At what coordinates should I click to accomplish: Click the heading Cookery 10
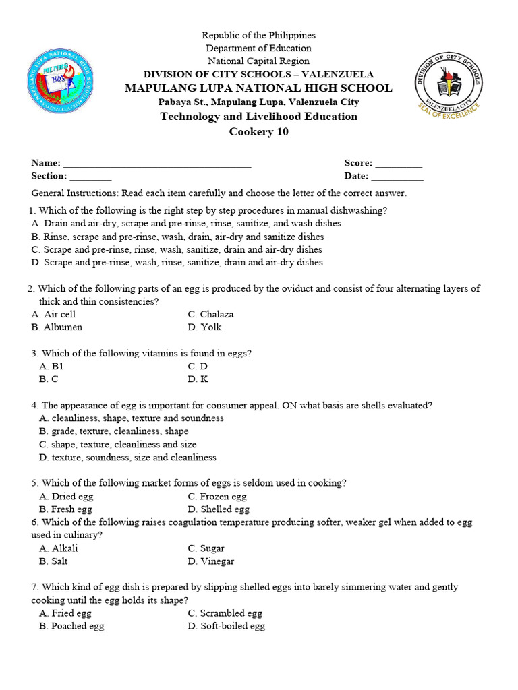(259, 132)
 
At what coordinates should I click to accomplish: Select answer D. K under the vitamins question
(198, 379)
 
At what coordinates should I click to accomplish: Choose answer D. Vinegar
(211, 561)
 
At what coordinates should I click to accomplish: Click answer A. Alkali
(59, 548)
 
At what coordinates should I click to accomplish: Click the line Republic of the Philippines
(259, 35)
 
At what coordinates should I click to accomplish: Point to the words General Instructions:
(75, 193)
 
